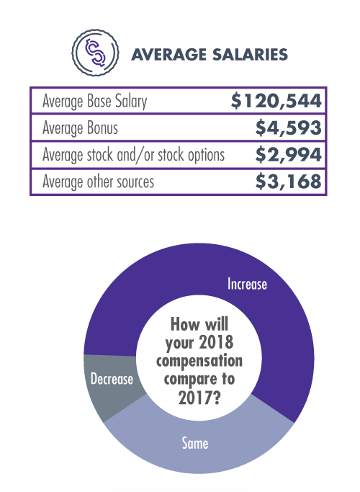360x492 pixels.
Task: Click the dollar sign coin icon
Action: click(93, 53)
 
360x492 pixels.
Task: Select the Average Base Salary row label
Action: click(95, 101)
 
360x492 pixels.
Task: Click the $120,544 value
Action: click(276, 101)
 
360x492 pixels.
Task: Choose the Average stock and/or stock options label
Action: click(134, 155)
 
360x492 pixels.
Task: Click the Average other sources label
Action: click(99, 182)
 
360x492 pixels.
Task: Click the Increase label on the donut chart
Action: click(247, 284)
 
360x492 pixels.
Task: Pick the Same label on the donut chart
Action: click(195, 442)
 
